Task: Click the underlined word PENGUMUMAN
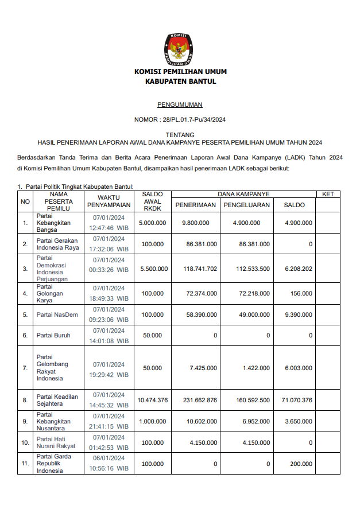(x=180, y=105)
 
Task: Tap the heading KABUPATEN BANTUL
(x=180, y=81)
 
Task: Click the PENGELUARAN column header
(x=247, y=205)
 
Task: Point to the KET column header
(x=328, y=195)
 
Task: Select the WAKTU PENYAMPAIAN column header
(x=109, y=201)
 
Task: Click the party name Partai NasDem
(x=57, y=314)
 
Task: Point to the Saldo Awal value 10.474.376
(x=153, y=400)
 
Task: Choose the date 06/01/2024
(x=109, y=458)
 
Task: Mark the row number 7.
(x=25, y=368)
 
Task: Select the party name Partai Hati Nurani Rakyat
(x=56, y=442)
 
